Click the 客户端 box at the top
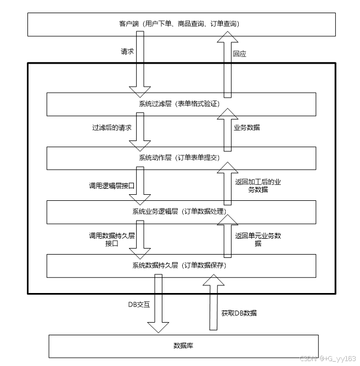point(179,24)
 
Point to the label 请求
point(127,52)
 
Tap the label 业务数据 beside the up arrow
point(246,127)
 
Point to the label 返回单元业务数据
point(258,239)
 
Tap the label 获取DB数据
point(239,313)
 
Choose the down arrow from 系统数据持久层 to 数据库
point(158,305)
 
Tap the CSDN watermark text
point(329,358)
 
